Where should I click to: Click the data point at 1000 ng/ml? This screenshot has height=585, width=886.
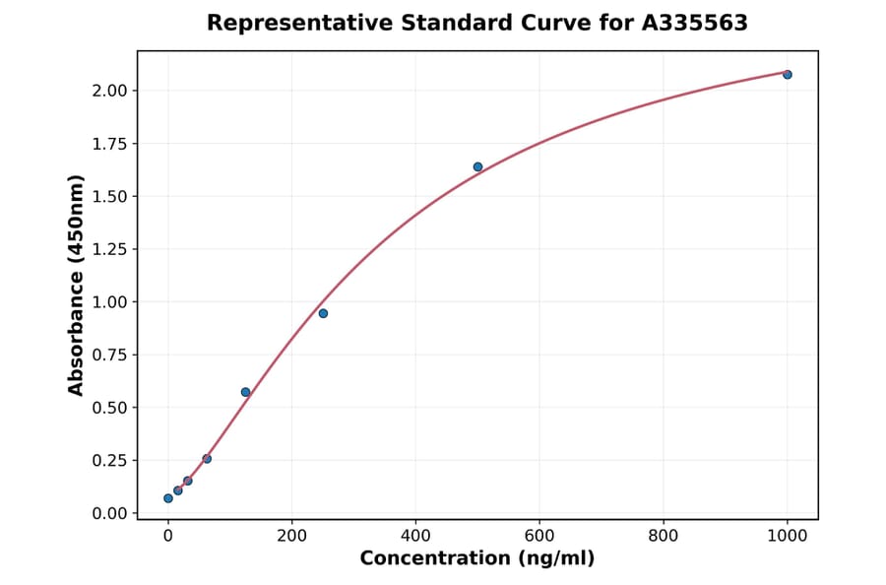point(787,75)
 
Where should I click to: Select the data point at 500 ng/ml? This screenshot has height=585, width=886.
point(477,166)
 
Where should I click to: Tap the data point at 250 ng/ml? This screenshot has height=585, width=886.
point(323,313)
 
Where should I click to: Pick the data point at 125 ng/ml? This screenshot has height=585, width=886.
point(245,392)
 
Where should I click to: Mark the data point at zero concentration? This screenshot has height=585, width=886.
point(168,498)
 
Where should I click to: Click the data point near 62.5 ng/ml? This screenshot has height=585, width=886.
point(207,459)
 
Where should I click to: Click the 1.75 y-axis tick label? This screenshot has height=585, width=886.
point(110,144)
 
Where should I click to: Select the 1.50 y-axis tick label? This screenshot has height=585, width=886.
point(110,196)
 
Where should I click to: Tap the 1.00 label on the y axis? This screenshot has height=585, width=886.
point(110,302)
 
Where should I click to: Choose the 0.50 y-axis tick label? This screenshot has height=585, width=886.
point(110,408)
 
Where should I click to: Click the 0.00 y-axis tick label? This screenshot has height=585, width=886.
point(110,513)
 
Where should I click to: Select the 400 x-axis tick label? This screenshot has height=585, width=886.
point(415,536)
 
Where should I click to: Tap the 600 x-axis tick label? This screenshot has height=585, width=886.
point(539,536)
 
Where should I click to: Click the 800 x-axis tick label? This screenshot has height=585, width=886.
point(664,536)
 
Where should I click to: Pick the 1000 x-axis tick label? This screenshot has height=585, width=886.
point(787,536)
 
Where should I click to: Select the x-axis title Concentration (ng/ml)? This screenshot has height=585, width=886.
point(477,559)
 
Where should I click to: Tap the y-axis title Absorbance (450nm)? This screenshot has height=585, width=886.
point(77,285)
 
